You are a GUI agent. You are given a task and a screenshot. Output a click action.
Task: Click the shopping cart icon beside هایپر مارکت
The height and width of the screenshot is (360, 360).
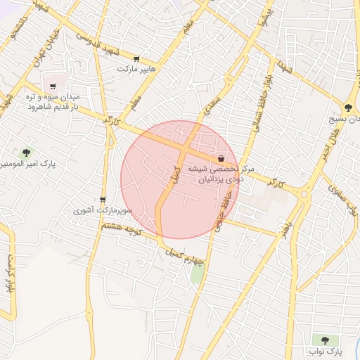[x=136, y=59]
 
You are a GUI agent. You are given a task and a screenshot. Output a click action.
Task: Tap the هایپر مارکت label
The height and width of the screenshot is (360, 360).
[x=136, y=70]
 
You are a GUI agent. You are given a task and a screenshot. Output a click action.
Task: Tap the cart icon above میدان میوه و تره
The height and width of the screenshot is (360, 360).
[x=53, y=86]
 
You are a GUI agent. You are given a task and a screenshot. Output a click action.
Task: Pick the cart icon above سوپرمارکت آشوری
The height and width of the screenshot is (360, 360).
[x=103, y=200]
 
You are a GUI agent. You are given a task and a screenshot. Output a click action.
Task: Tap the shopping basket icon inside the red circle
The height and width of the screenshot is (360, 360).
[x=221, y=158]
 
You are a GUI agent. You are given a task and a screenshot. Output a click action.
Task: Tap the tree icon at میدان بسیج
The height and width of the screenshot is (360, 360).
[x=348, y=108]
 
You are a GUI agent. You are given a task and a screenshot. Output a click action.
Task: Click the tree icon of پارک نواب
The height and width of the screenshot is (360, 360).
[x=325, y=340]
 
